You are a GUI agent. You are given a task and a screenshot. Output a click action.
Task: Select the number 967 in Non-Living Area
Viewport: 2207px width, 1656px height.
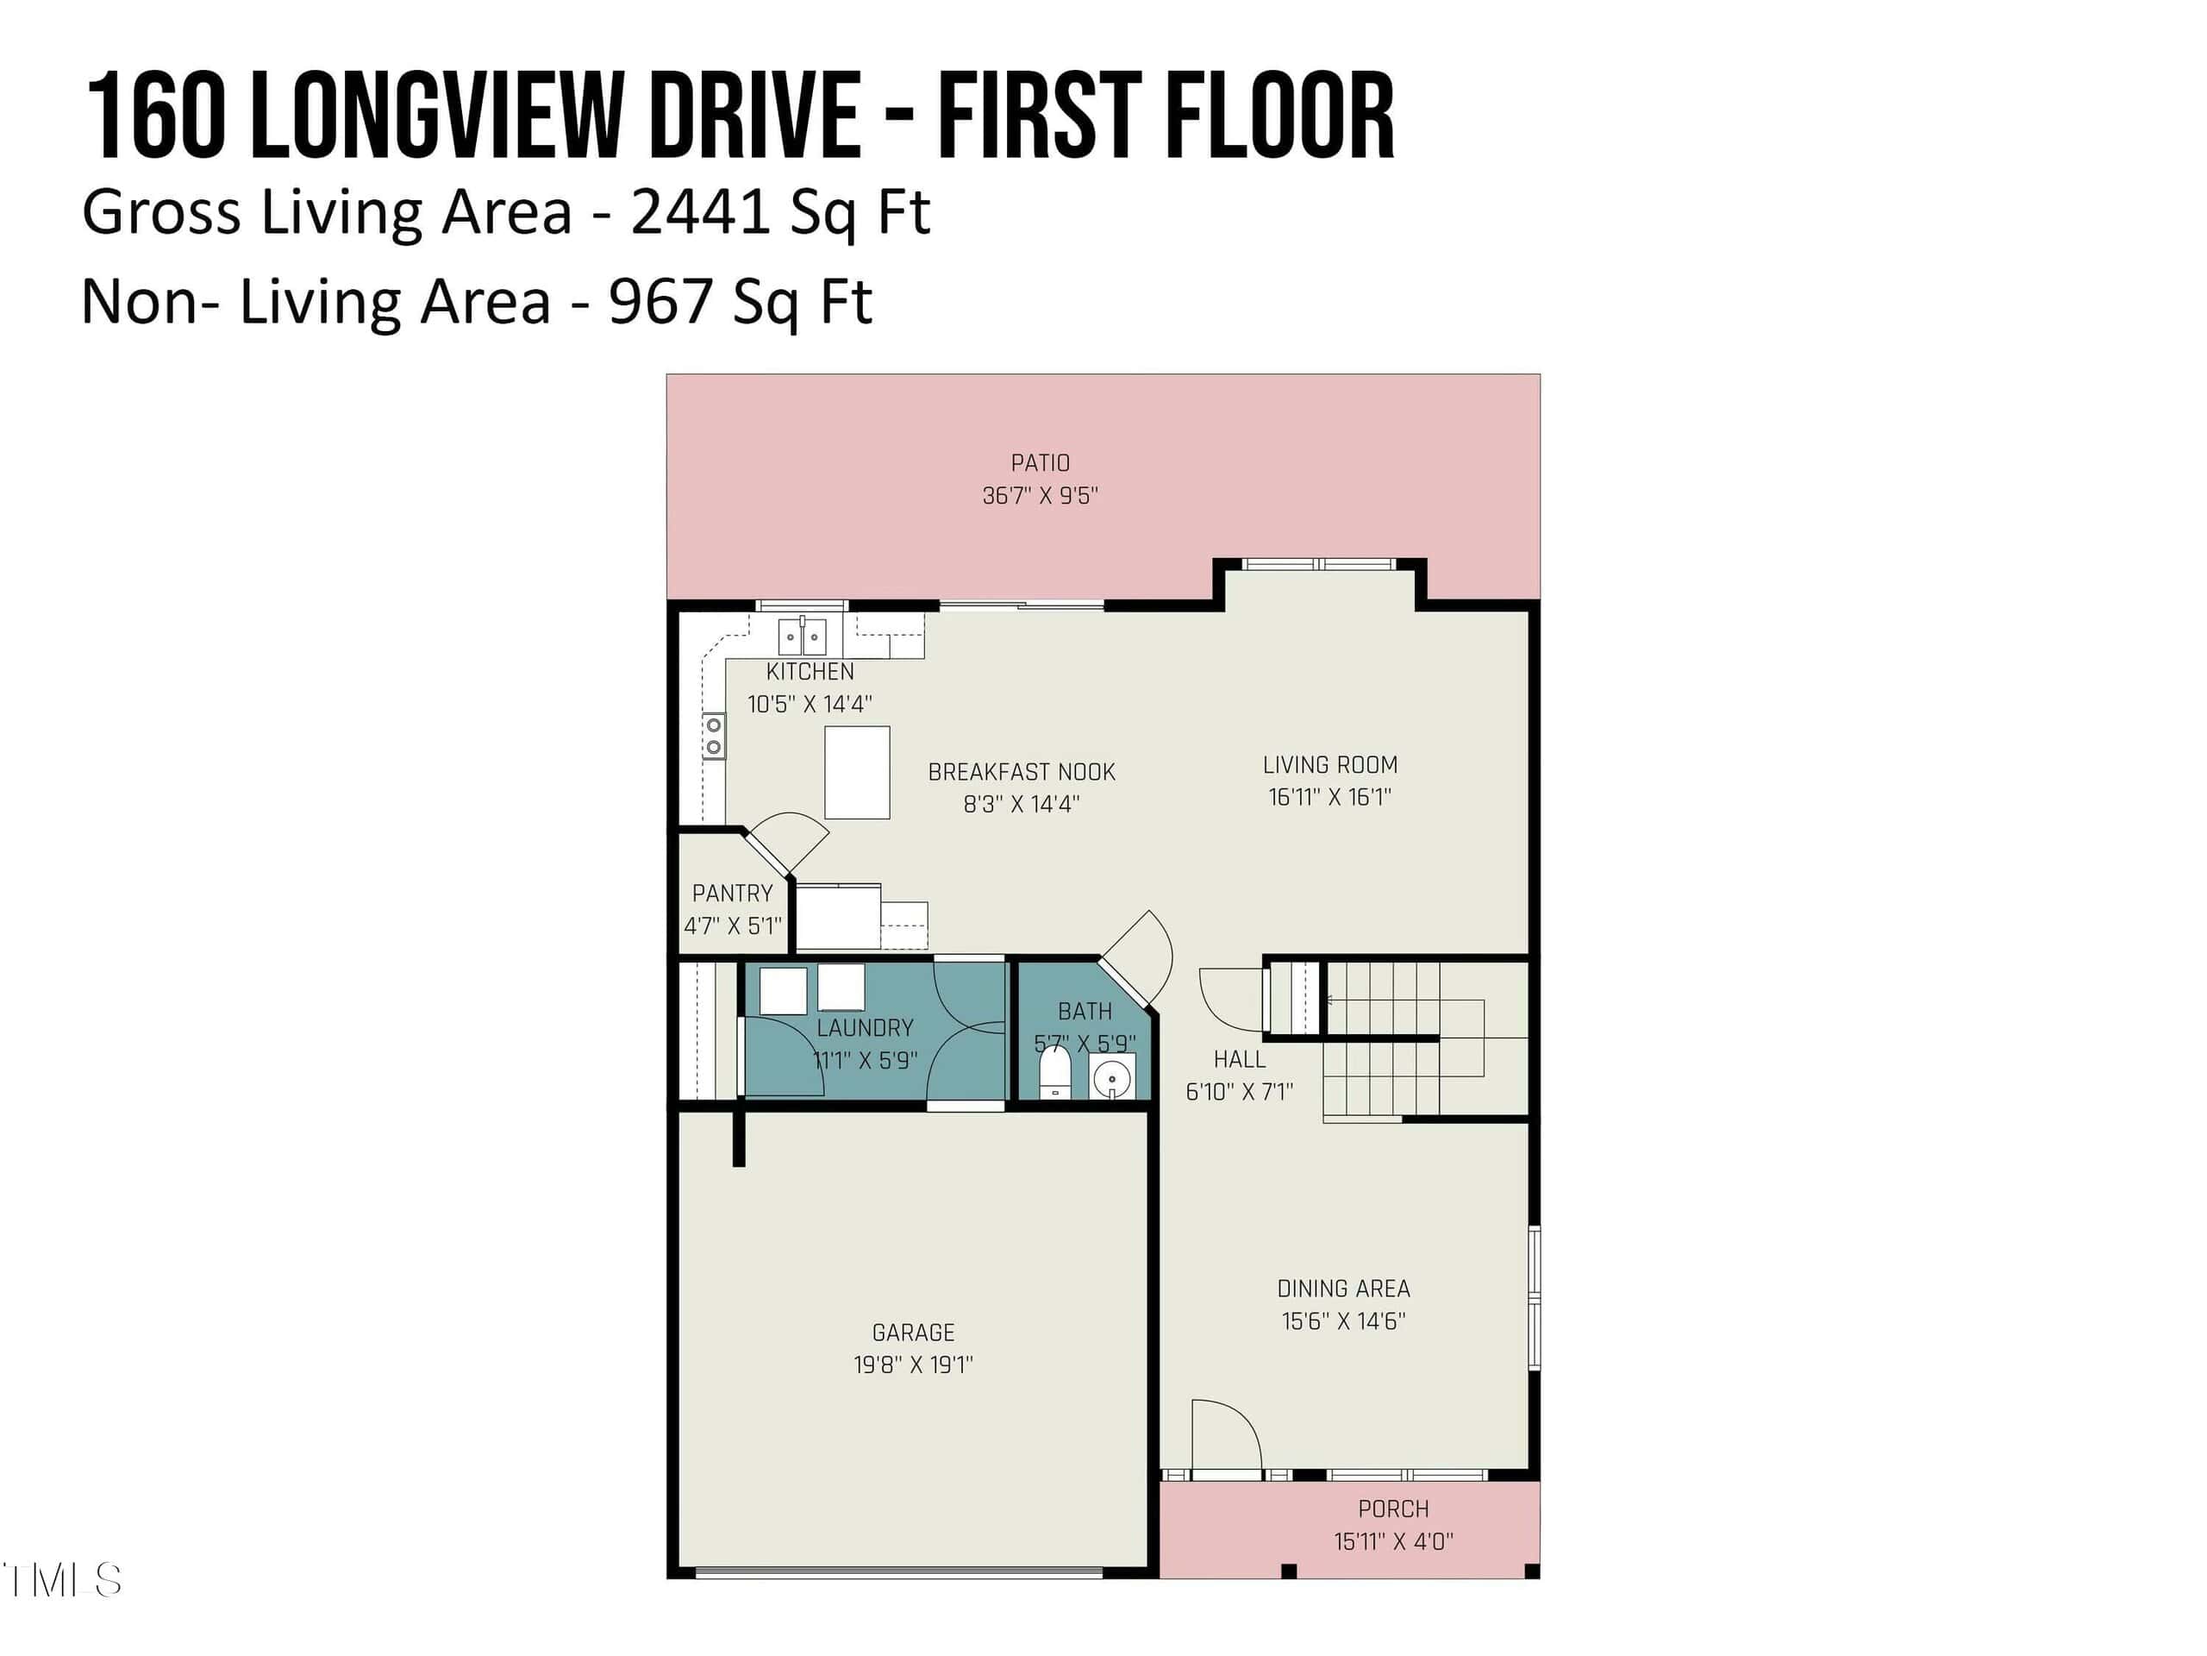point(660,302)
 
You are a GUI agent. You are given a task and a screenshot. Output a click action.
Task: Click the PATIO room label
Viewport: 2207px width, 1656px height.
point(1040,463)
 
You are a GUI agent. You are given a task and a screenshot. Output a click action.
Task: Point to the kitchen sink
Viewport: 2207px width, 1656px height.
point(802,636)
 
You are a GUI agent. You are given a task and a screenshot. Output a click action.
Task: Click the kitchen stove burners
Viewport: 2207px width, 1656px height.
point(713,737)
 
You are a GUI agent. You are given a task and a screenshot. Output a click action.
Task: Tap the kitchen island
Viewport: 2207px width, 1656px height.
point(857,773)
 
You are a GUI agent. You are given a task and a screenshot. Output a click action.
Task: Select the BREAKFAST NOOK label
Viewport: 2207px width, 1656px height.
point(1022,772)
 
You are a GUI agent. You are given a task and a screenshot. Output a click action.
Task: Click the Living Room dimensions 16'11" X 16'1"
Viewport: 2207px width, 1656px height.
point(1330,797)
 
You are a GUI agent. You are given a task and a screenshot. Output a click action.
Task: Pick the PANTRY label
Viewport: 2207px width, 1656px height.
point(732,893)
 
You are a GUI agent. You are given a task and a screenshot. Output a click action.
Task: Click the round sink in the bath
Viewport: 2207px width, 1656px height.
point(1111,1078)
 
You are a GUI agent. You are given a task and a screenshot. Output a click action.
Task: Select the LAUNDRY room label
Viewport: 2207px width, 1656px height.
point(865,1027)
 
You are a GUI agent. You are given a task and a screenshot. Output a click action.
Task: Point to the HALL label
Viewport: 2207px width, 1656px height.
point(1239,1059)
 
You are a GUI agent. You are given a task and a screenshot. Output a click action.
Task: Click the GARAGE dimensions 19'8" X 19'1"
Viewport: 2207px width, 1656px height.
point(913,1364)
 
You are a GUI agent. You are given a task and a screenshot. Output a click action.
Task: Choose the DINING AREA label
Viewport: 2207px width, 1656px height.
point(1344,1289)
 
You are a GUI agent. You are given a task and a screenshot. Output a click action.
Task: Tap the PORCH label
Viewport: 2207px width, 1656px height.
point(1393,1509)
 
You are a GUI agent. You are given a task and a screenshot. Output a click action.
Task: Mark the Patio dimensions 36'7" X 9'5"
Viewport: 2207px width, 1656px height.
point(1040,495)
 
